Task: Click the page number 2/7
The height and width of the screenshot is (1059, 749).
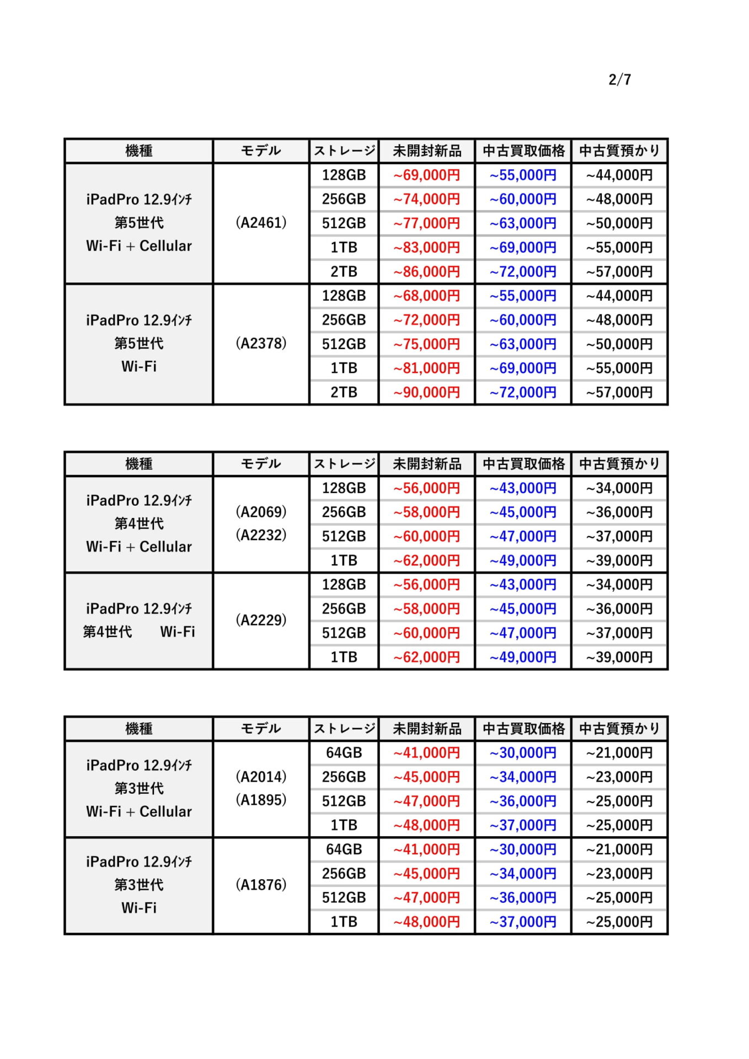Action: (619, 79)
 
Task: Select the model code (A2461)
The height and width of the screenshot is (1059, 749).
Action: (261, 223)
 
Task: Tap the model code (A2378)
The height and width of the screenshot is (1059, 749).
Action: (261, 344)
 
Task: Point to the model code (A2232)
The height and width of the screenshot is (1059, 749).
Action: (261, 535)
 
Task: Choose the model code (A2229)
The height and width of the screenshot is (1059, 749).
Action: (261, 621)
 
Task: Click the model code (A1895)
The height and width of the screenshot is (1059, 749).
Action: (261, 800)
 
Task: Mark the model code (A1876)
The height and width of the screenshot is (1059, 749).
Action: (261, 885)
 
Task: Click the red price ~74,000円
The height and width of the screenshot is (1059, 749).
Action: (426, 199)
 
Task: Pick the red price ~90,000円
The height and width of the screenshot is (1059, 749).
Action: (426, 392)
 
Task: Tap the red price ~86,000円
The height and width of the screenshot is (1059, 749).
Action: (426, 271)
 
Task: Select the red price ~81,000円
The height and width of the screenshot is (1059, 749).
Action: (426, 368)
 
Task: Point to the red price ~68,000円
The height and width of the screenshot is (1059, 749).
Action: (426, 296)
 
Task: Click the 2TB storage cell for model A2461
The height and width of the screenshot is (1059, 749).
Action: (344, 271)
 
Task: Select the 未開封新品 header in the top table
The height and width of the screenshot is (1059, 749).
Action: (426, 151)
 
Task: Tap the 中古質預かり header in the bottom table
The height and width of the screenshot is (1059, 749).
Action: (619, 729)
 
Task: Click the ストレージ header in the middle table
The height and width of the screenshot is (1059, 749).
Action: (344, 464)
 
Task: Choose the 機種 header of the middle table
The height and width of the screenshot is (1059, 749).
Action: (139, 464)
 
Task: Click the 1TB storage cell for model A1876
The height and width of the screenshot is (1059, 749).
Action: (344, 922)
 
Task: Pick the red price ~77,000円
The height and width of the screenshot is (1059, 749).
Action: (426, 223)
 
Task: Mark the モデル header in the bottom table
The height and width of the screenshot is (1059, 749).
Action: (261, 729)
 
